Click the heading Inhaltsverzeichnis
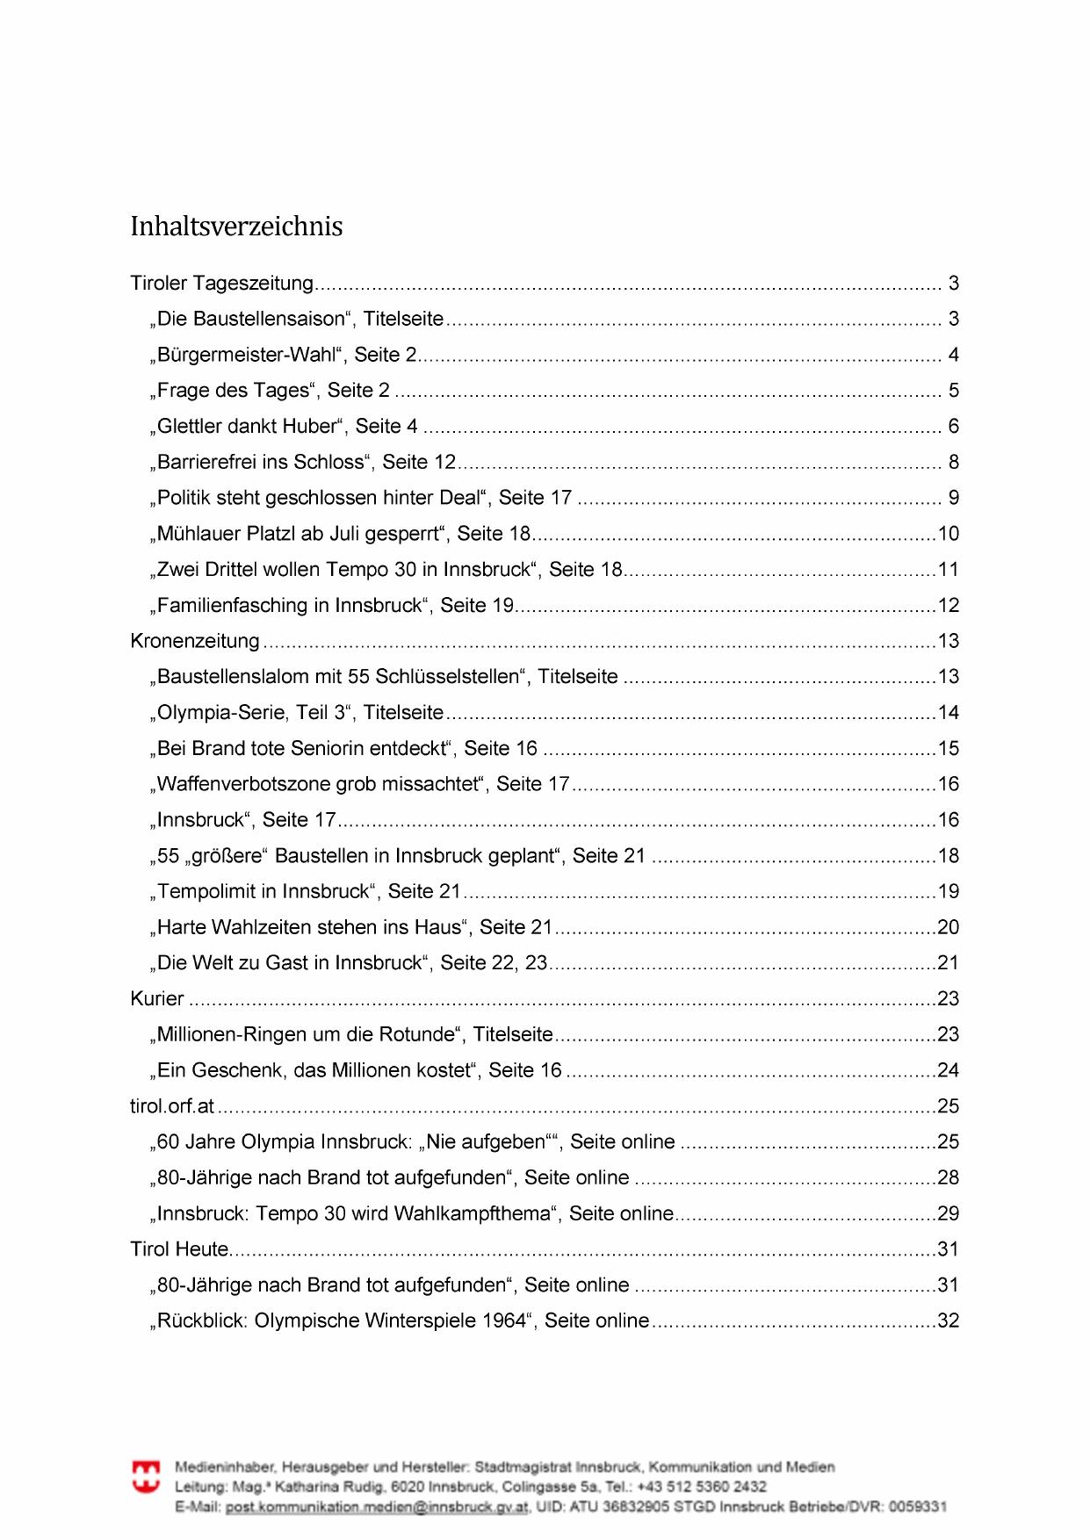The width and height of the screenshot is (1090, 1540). (x=236, y=227)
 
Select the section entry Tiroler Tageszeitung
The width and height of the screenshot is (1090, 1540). (x=221, y=284)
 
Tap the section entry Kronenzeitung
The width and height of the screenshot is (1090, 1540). (x=195, y=641)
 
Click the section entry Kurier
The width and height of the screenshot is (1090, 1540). (x=157, y=998)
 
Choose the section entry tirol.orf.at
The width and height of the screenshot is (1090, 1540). (x=172, y=1106)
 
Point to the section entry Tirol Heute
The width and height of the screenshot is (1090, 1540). (x=179, y=1249)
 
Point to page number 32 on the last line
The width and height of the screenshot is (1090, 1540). (x=949, y=1321)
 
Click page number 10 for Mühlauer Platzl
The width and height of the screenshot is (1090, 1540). (x=949, y=534)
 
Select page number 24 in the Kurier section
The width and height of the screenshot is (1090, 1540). (x=949, y=1070)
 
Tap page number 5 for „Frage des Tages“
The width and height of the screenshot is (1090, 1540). (x=954, y=391)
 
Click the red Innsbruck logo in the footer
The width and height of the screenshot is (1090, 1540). (x=146, y=1476)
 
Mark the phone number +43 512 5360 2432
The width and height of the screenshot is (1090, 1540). (x=703, y=1486)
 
